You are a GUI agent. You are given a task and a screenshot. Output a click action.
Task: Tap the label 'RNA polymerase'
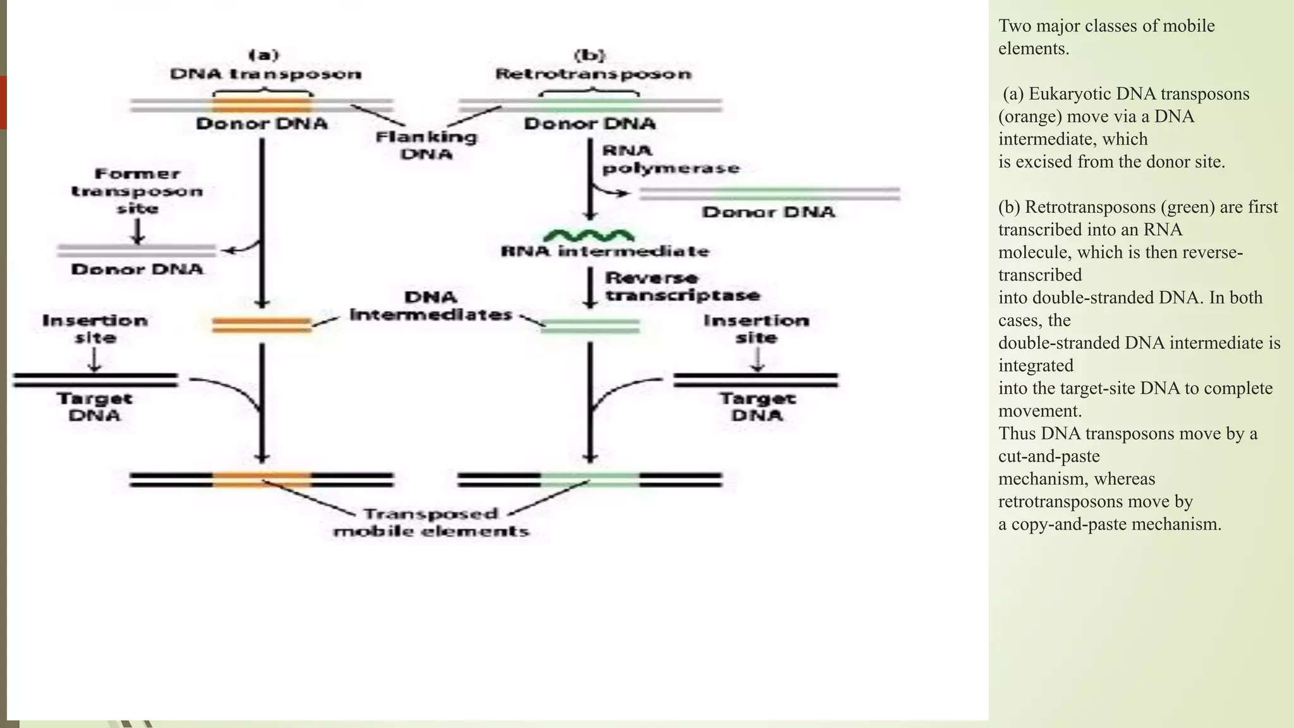[669, 159]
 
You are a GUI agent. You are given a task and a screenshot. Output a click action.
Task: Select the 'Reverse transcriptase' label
[682, 287]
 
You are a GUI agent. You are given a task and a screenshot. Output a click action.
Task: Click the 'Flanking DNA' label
[426, 145]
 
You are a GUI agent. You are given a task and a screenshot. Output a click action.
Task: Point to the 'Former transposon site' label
[137, 191]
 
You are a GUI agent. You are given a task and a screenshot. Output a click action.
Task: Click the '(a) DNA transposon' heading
[265, 65]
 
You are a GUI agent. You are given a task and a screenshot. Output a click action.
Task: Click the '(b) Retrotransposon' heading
[593, 65]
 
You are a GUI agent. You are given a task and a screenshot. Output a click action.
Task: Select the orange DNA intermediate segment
[262, 325]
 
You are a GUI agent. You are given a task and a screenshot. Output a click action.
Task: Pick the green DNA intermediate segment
[590, 326]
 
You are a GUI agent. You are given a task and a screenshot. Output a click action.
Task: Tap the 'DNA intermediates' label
[431, 306]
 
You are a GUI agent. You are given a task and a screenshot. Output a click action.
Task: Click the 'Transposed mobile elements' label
[431, 523]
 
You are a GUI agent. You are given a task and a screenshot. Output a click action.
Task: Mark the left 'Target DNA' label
[94, 407]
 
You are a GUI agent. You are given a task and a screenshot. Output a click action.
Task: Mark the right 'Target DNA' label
[757, 407]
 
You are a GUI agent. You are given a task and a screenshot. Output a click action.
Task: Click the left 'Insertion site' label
[95, 329]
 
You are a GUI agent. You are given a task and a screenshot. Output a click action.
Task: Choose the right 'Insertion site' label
[756, 329]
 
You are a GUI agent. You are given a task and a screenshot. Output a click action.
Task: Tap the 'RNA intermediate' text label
[605, 252]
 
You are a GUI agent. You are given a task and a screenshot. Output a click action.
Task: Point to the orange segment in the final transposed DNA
[262, 480]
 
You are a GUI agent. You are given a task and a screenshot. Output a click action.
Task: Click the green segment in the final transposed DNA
[590, 480]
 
